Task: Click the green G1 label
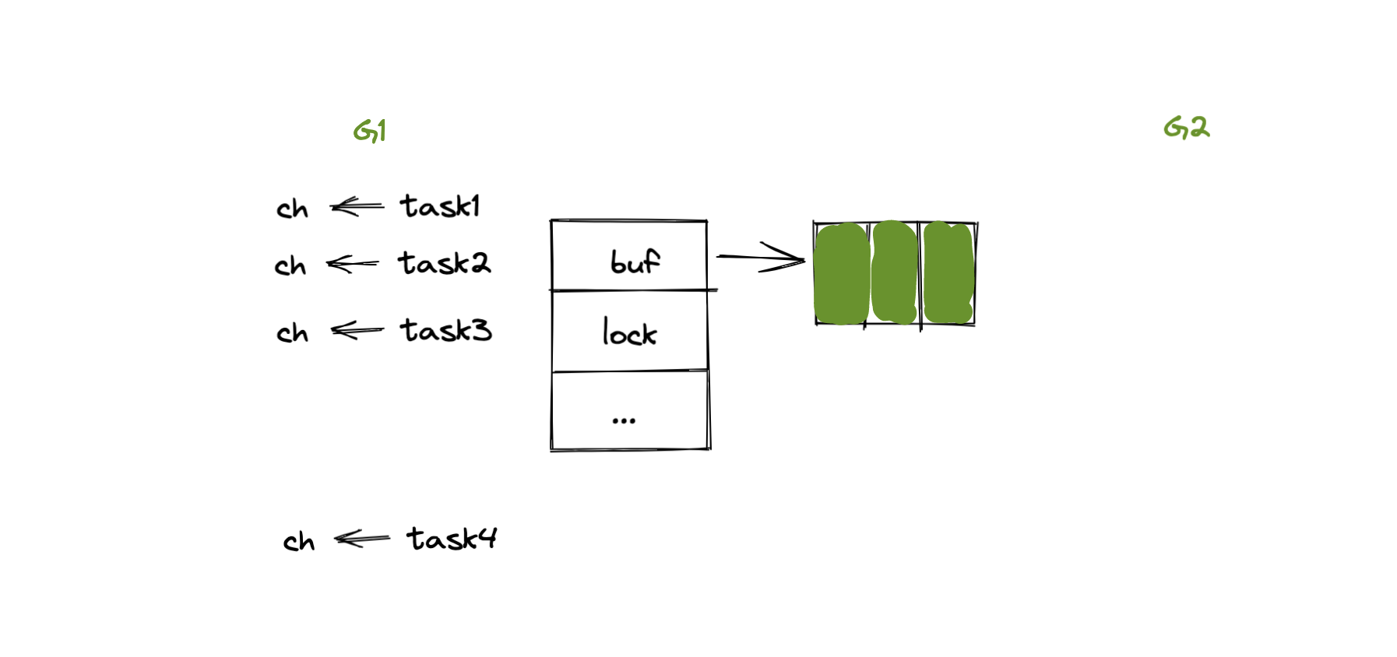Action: [x=370, y=131]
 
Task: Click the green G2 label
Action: [x=1186, y=128]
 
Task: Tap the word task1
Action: [x=440, y=206]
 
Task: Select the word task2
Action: [x=444, y=263]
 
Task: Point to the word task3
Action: [x=445, y=331]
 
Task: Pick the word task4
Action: [x=451, y=539]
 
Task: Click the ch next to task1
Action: [x=292, y=209]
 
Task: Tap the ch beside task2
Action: [x=290, y=266]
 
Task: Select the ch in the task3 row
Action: [x=292, y=333]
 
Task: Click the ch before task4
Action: [x=298, y=541]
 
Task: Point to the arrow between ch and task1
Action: [x=357, y=206]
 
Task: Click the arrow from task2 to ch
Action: [x=352, y=264]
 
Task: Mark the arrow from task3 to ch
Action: [x=357, y=331]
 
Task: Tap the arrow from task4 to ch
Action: [x=361, y=538]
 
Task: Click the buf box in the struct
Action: [x=629, y=256]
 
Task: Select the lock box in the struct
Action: [x=629, y=332]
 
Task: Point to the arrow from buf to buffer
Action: [x=760, y=257]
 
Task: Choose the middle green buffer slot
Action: [x=894, y=272]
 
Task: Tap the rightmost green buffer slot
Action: [x=948, y=272]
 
